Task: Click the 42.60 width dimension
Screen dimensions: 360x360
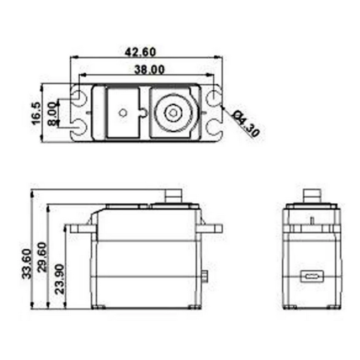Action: coord(140,52)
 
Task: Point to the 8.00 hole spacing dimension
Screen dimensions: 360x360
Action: coord(52,113)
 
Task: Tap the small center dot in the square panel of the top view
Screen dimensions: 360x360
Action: coord(122,113)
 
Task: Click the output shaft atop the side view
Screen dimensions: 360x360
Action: coord(176,196)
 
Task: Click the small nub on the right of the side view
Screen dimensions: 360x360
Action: coord(206,275)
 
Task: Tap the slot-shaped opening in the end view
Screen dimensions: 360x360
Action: coord(311,275)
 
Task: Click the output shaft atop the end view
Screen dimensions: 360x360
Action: coord(311,196)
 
